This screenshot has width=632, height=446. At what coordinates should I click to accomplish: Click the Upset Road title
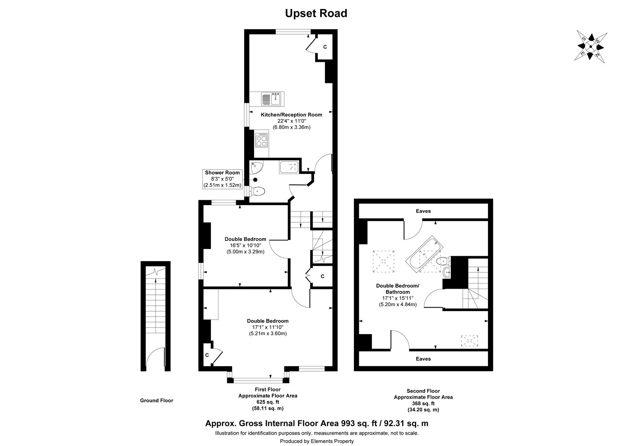point(316,14)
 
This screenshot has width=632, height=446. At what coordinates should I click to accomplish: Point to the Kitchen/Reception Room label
point(291,115)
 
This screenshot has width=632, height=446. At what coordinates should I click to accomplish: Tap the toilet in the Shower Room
point(258,191)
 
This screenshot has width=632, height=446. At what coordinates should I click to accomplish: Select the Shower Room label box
point(223,179)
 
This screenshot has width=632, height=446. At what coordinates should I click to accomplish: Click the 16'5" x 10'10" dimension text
point(245,245)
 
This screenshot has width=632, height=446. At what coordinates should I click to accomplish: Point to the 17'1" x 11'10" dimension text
point(268,327)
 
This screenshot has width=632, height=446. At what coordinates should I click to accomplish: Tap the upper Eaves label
point(423,211)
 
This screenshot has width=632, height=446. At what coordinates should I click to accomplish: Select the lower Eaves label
point(423,359)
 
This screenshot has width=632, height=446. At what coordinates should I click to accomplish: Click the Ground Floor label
point(156,400)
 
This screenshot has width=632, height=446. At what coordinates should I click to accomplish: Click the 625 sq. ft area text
point(268,402)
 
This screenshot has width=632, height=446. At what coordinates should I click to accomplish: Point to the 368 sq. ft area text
point(423,404)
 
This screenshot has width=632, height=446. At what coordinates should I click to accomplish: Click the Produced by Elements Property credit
point(316,441)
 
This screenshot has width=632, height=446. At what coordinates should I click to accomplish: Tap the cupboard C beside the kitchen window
point(325,47)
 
